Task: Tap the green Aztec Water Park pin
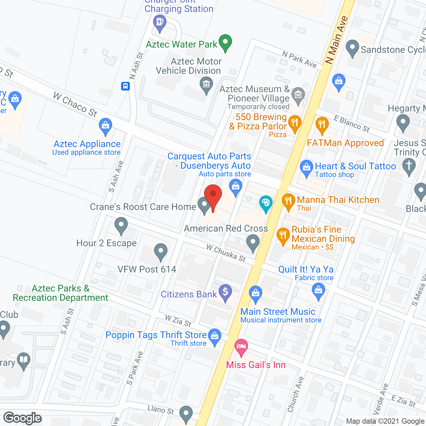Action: pyautogui.click(x=225, y=43)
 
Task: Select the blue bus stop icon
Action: pyautogui.click(x=125, y=86)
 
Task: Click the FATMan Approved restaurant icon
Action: pyautogui.click(x=321, y=125)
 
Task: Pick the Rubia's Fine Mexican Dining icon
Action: pyautogui.click(x=283, y=235)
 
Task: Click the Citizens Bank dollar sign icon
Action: pyautogui.click(x=225, y=293)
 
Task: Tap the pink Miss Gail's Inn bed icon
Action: pyautogui.click(x=241, y=347)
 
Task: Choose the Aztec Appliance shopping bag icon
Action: pyautogui.click(x=106, y=126)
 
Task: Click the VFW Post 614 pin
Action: pyautogui.click(x=161, y=252)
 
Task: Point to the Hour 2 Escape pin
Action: pyautogui.click(x=121, y=225)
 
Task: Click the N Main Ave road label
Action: pyautogui.click(x=337, y=40)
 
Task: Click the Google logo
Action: pyautogui.click(x=23, y=418)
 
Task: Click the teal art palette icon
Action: pyautogui.click(x=266, y=203)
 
